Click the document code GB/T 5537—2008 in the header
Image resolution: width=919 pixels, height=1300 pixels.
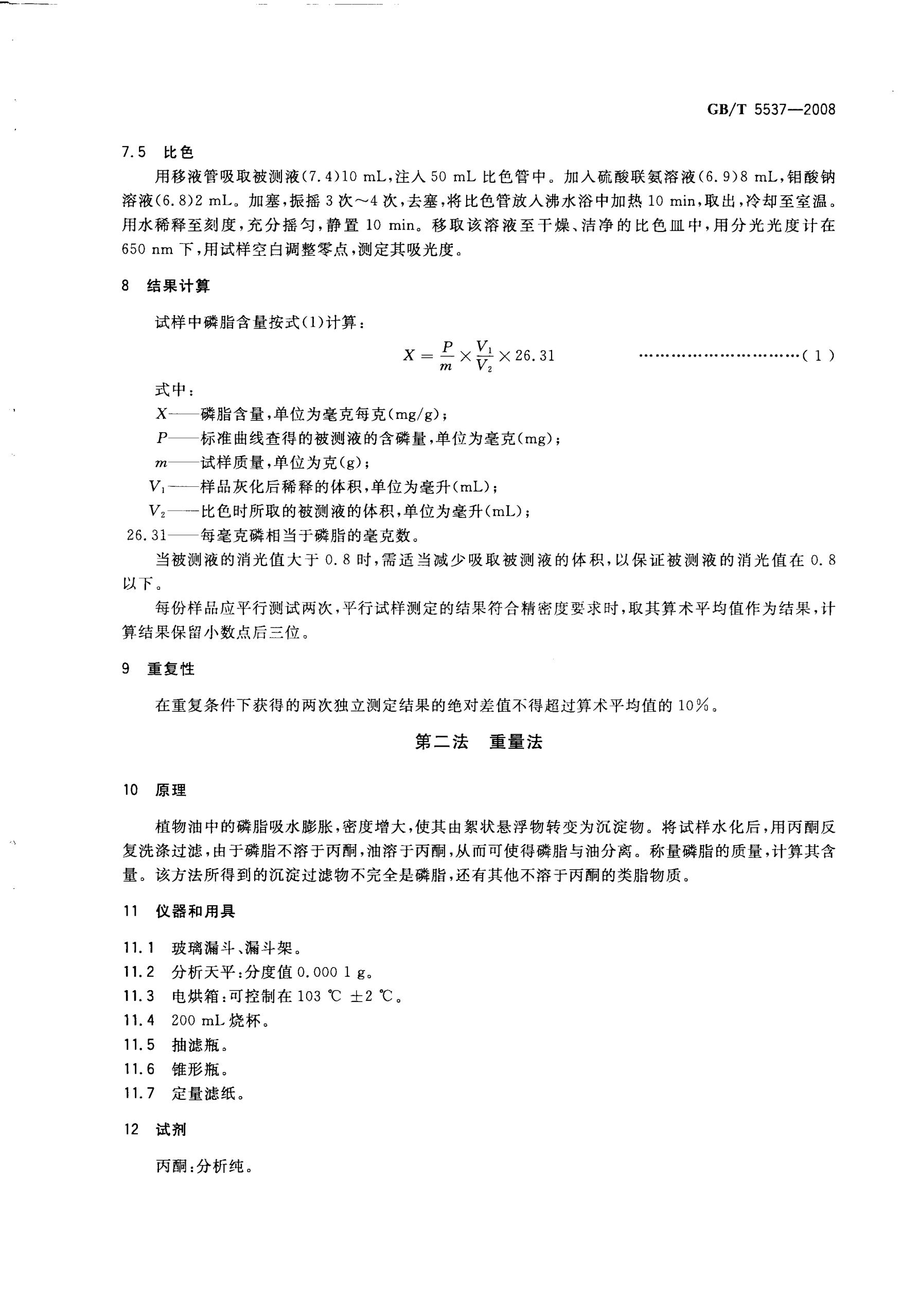pyautogui.click(x=771, y=109)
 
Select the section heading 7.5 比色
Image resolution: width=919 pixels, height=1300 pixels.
pyautogui.click(x=158, y=152)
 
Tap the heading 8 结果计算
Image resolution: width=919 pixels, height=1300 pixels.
pyautogui.click(x=165, y=287)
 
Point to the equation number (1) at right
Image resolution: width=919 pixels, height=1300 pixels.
pyautogui.click(x=818, y=356)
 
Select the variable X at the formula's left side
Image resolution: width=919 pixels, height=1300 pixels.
pyautogui.click(x=410, y=356)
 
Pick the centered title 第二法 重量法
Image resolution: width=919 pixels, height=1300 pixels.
pyautogui.click(x=479, y=742)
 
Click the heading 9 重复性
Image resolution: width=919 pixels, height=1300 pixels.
pyautogui.click(x=158, y=669)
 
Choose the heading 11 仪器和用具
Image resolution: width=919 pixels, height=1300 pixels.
pyautogui.click(x=179, y=911)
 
